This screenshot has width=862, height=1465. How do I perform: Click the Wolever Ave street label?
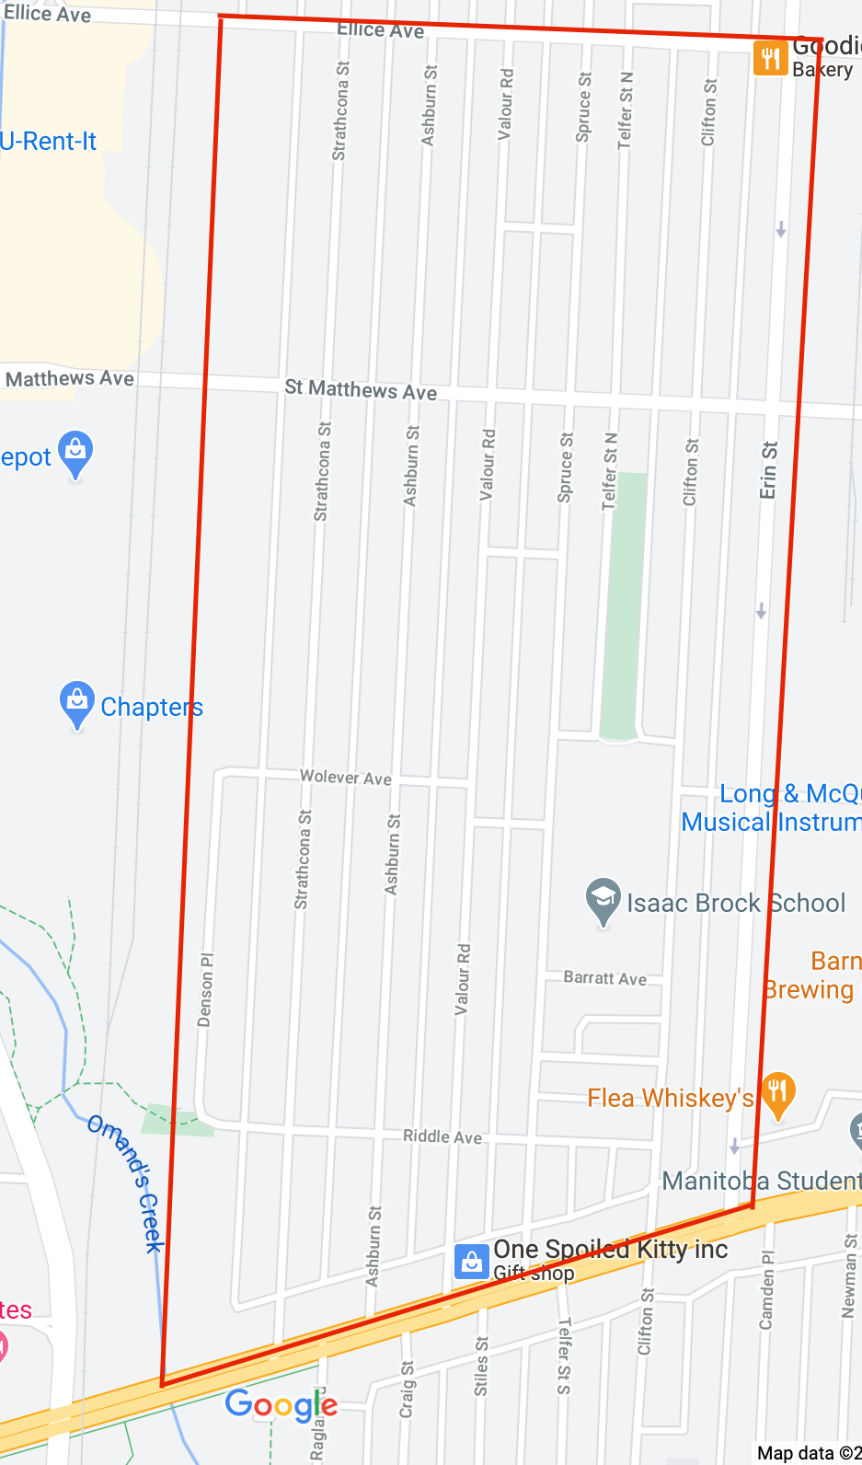point(346,778)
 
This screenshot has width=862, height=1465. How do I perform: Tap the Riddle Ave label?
point(442,1137)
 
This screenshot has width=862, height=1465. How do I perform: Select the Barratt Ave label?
point(604,978)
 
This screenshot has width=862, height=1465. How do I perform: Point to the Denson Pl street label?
point(205,989)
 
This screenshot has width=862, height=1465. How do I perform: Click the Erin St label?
point(768,470)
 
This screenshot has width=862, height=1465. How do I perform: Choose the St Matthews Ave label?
point(361,390)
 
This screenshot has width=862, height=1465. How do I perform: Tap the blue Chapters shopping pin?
point(77,704)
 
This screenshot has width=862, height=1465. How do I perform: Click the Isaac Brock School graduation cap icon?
point(603,901)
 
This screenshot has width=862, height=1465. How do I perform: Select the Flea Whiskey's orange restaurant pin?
point(777,1094)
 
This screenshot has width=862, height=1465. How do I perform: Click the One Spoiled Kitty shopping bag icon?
point(471,1262)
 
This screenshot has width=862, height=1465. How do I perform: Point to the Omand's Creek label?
point(126,1182)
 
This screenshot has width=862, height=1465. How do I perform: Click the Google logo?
point(282,1405)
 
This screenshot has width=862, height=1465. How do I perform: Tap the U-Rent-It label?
point(48,142)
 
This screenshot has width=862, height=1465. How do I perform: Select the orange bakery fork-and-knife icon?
point(770,58)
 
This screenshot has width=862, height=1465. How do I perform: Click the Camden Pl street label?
point(766,1289)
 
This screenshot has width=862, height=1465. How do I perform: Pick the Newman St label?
point(849,1275)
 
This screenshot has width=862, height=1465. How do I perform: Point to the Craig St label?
point(407,1389)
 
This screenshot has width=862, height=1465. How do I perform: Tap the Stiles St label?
point(481,1367)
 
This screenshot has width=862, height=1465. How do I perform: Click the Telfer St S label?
point(564,1355)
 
